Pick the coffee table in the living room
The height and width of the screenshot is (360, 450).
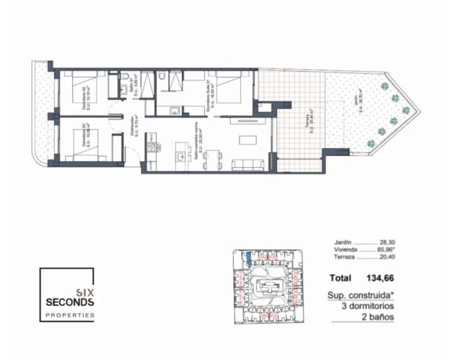pyautogui.click(x=247, y=139)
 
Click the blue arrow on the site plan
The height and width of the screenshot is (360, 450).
pyautogui.click(x=248, y=259)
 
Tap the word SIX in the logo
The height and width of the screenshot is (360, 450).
pyautogui.click(x=85, y=291)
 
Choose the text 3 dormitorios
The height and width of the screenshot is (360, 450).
pyautogui.click(x=367, y=307)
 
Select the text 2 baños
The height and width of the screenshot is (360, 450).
pyautogui.click(x=377, y=317)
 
